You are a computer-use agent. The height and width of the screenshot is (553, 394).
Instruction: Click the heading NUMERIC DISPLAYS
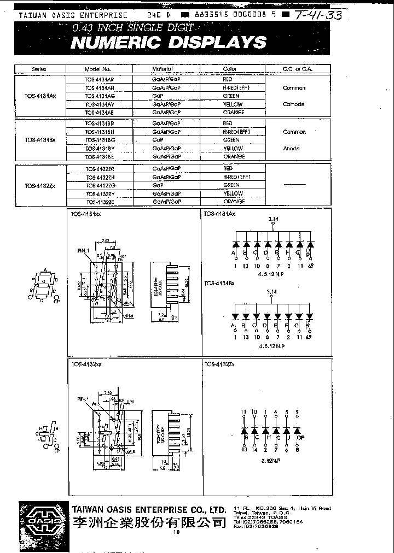click(168, 43)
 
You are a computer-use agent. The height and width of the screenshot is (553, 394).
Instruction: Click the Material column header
click(162, 69)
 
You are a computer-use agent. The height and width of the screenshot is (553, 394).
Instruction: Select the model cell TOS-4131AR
click(100, 79)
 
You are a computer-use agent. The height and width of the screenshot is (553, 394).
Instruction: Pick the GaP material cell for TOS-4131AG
click(158, 96)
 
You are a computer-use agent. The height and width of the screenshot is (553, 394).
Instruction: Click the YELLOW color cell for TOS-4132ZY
click(233, 193)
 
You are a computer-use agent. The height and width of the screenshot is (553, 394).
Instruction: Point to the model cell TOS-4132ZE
click(100, 202)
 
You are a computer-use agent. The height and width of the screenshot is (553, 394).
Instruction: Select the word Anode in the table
click(291, 148)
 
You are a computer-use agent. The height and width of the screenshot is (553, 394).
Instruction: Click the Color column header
click(230, 69)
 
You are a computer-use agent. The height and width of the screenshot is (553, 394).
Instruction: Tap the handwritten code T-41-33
click(316, 15)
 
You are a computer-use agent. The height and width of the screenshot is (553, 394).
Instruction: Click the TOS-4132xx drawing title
click(86, 364)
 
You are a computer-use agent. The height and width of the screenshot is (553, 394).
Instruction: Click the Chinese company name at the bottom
click(149, 522)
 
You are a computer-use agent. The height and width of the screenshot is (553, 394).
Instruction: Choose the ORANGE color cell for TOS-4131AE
click(234, 112)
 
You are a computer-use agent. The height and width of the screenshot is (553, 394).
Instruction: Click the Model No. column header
click(99, 69)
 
